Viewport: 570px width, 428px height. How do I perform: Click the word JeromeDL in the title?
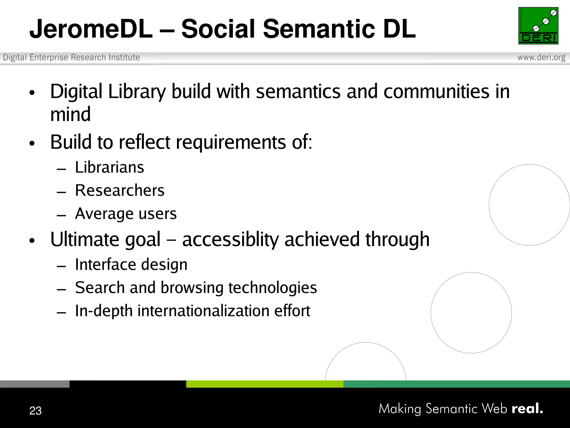pyautogui.click(x=91, y=29)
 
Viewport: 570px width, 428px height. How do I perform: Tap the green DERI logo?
pyautogui.click(x=538, y=26)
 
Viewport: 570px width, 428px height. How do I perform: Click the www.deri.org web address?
pyautogui.click(x=541, y=57)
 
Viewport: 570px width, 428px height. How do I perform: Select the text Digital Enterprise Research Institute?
pyautogui.click(x=71, y=57)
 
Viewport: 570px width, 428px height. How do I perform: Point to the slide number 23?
pyautogui.click(x=35, y=411)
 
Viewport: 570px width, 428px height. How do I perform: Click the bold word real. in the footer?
pyautogui.click(x=527, y=408)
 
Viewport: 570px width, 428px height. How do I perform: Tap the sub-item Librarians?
pyautogui.click(x=109, y=167)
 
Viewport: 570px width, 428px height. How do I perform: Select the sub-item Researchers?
pyautogui.click(x=120, y=191)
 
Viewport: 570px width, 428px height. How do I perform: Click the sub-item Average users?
pyautogui.click(x=126, y=214)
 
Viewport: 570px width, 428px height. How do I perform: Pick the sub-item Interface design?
pyautogui.click(x=131, y=264)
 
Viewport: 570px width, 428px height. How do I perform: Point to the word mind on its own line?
pyautogui.click(x=70, y=115)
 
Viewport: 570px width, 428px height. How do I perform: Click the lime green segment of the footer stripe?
pyautogui.click(x=264, y=384)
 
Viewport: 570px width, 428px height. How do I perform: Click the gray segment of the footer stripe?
pyautogui.click(x=35, y=384)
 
